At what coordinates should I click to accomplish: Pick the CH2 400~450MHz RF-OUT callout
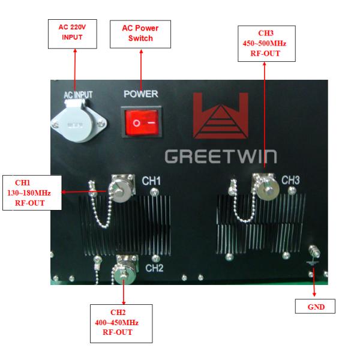pyautogui.click(x=121, y=322)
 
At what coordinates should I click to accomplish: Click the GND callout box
pyautogui.click(x=316, y=308)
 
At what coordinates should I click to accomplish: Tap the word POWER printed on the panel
pyautogui.click(x=140, y=94)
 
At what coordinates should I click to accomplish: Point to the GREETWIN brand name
pyautogui.click(x=220, y=156)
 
